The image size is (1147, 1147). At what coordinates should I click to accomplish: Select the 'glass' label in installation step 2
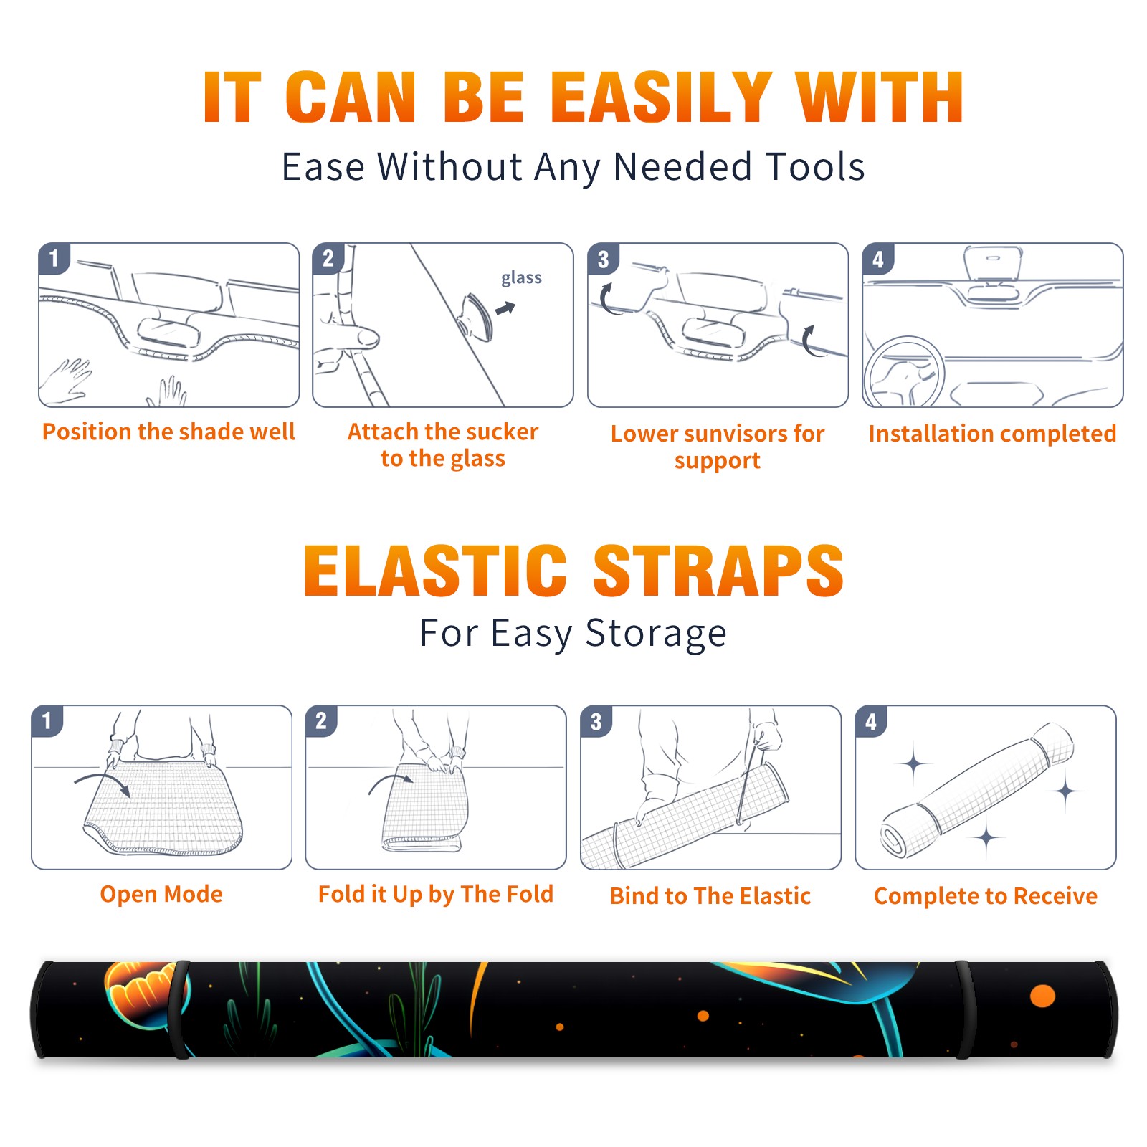(x=521, y=278)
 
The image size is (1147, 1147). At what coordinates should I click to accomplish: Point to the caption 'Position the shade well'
(x=168, y=432)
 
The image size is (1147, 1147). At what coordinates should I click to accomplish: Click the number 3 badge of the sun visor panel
(x=603, y=259)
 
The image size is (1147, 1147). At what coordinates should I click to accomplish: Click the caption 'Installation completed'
(x=992, y=433)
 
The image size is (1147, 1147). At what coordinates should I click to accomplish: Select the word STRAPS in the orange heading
(x=718, y=571)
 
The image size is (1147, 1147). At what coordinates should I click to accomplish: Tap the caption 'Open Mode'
(x=161, y=894)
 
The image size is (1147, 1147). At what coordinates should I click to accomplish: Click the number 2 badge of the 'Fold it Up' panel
(x=321, y=720)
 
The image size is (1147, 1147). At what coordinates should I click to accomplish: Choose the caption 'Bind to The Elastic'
(x=710, y=895)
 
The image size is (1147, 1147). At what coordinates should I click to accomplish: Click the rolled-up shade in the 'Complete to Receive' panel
(x=977, y=790)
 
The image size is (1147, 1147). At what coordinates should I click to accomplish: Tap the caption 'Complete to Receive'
(x=986, y=895)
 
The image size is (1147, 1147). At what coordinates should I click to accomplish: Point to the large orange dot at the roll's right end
(x=1042, y=996)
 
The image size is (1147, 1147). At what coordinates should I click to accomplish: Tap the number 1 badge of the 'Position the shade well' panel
(x=54, y=258)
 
